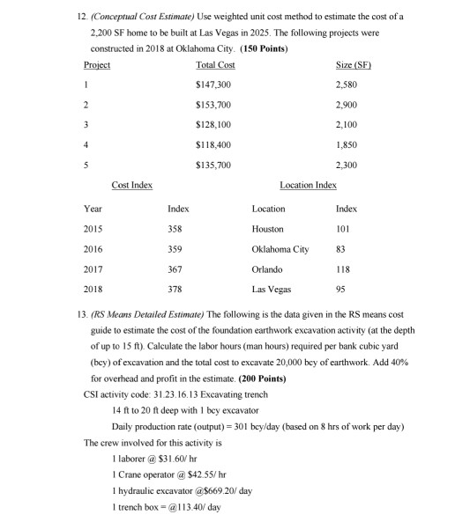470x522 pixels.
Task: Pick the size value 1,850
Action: click(353, 144)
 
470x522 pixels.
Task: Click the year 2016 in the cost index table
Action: click(93, 249)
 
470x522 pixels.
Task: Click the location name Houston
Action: click(267, 229)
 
